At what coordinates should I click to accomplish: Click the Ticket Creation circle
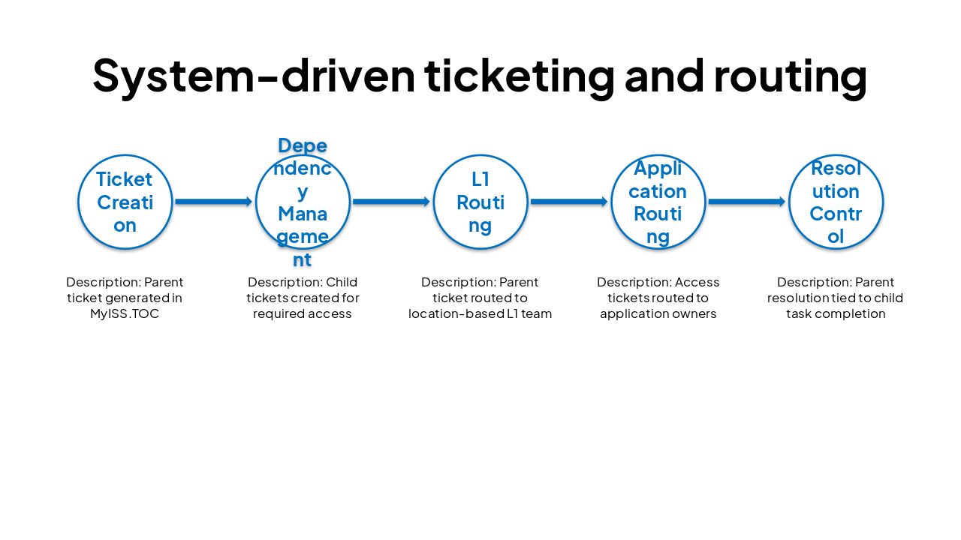click(125, 202)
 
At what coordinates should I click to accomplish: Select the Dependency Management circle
click(303, 202)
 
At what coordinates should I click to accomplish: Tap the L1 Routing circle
click(480, 202)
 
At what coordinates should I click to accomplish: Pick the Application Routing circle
click(658, 202)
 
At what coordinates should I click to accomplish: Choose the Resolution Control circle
click(836, 202)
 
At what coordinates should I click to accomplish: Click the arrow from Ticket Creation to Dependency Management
click(213, 202)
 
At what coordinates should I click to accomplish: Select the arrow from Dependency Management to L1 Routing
click(391, 202)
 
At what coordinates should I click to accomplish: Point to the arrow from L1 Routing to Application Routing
click(569, 202)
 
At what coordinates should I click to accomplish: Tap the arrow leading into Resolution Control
click(747, 202)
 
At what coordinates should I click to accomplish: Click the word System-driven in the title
click(254, 76)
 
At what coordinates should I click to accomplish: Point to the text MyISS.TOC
click(125, 313)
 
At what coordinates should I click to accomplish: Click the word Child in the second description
click(342, 283)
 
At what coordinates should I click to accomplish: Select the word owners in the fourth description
click(695, 313)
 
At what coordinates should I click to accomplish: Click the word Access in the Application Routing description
click(697, 283)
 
